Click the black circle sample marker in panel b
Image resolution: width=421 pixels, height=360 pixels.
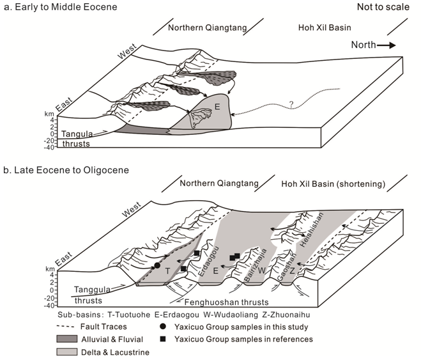157,265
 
